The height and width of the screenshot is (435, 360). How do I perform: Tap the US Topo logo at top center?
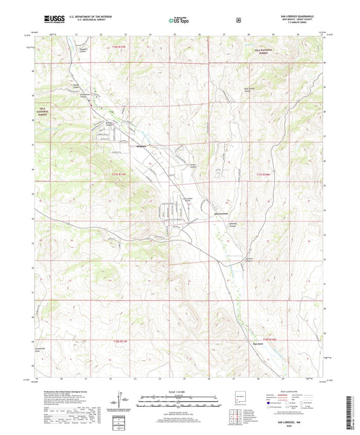[x=179, y=21]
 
